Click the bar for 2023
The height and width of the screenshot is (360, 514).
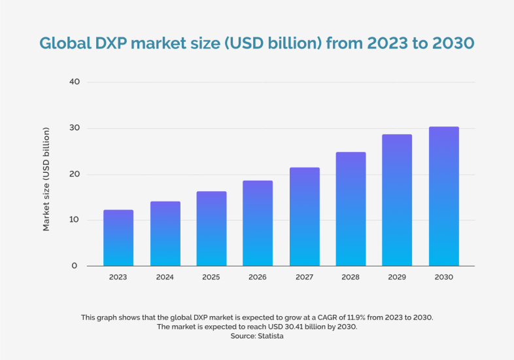[x=118, y=238]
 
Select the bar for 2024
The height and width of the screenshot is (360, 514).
[x=165, y=234]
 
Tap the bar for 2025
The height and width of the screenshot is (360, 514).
[x=211, y=228]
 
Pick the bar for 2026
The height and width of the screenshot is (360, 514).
[x=258, y=223]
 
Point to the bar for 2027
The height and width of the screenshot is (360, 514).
[x=304, y=217]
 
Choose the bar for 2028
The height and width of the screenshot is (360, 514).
[x=351, y=209]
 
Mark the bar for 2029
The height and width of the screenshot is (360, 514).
[x=397, y=200]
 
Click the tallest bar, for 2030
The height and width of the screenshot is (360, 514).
[x=443, y=196]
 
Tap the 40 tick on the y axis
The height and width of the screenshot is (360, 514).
[x=74, y=82]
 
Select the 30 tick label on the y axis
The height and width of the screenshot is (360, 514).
[x=74, y=128]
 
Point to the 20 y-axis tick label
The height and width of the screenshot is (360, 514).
[x=74, y=174]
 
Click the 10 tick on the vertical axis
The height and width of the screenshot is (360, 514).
[x=74, y=220]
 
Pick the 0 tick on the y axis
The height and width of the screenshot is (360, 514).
[x=75, y=266]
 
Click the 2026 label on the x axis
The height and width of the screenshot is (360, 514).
[x=258, y=278]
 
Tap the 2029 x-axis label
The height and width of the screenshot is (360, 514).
[x=397, y=278]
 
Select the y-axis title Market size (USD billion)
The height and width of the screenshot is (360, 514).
[x=46, y=179]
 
